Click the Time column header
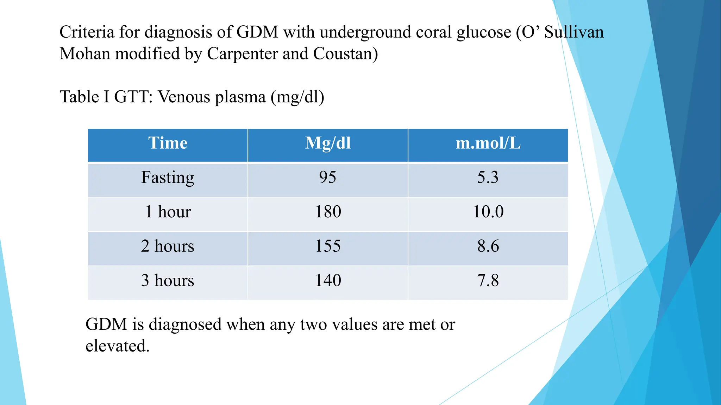click(168, 143)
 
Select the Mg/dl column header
click(328, 143)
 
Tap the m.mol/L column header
click(488, 143)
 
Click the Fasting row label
click(168, 178)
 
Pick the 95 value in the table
click(328, 177)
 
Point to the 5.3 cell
click(488, 177)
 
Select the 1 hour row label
click(168, 212)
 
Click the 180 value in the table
click(328, 212)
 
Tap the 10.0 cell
click(488, 212)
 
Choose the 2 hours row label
click(168, 246)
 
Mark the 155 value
click(328, 246)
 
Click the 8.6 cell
click(488, 246)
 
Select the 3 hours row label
click(168, 281)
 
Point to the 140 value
click(328, 281)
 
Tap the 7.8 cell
click(488, 281)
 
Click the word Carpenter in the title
click(242, 54)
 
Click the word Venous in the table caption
click(184, 97)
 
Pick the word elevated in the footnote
click(117, 346)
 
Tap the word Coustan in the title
click(345, 54)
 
